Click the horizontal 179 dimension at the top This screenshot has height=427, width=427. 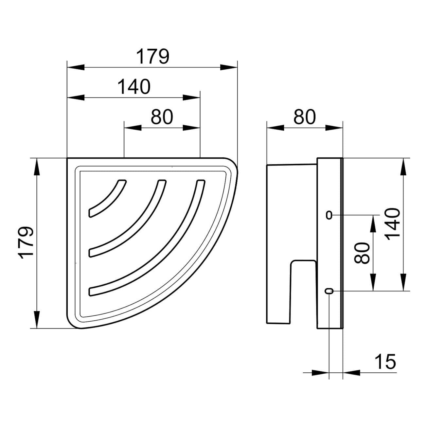coord(153,57)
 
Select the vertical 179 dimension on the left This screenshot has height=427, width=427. coord(27,243)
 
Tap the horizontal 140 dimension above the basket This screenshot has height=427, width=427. coord(134,87)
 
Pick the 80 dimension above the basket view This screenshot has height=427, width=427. coord(162,117)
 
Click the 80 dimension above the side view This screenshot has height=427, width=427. coord(304,117)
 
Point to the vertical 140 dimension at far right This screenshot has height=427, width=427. coord(393,224)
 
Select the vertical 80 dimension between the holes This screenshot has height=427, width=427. coord(362,253)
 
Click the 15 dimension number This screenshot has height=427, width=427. coord(385,362)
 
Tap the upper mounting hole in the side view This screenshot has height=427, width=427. coord(329,215)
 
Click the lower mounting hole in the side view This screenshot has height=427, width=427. coord(329,291)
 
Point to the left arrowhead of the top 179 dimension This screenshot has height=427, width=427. coord(76,67)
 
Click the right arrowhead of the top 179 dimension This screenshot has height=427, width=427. coord(229,67)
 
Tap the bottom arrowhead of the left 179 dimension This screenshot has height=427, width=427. coord(37,320)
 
